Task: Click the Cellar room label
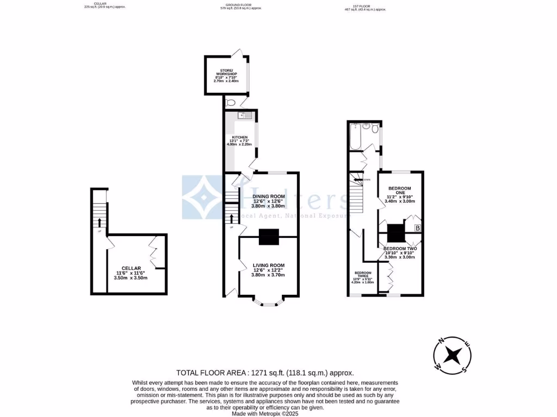pyautogui.click(x=131, y=268)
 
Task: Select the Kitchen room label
pyautogui.click(x=240, y=137)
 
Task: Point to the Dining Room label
pyautogui.click(x=268, y=196)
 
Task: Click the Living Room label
pyautogui.click(x=268, y=266)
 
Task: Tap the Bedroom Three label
pyautogui.click(x=362, y=274)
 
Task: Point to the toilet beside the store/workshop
pyautogui.click(x=230, y=103)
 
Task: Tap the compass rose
pyautogui.click(x=451, y=356)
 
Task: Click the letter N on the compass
pyautogui.click(x=441, y=342)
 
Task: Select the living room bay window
pyautogui.click(x=268, y=302)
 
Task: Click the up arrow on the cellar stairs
pyautogui.click(x=100, y=222)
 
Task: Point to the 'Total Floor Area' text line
pyautogui.click(x=265, y=372)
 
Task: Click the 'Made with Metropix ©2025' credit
pyautogui.click(x=265, y=413)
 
